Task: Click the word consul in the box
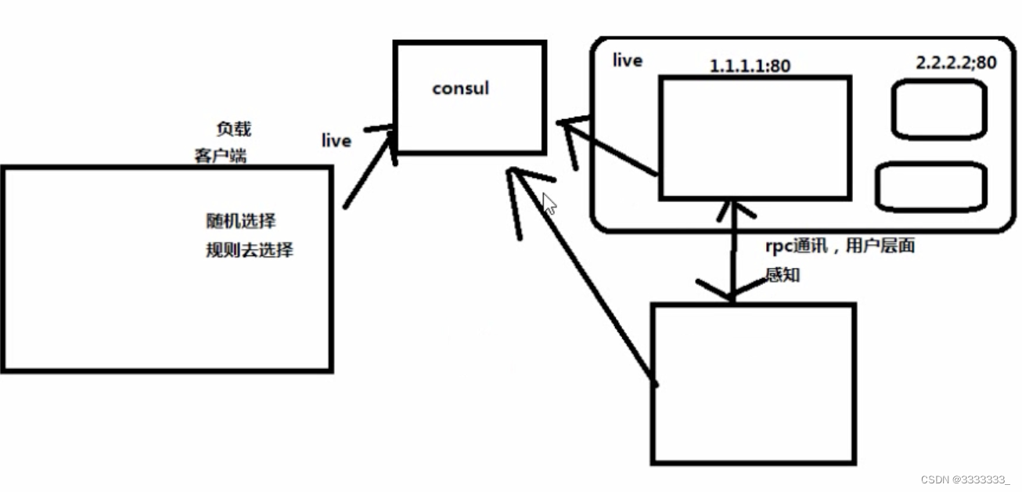460,89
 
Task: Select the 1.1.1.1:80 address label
749,66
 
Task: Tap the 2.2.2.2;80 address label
956,63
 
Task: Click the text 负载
233,129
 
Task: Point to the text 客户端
220,155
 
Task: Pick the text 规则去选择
249,251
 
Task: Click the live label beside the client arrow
336,141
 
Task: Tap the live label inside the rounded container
628,60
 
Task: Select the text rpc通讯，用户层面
840,246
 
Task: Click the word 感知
783,276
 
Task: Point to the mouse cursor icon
549,204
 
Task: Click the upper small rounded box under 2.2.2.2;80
938,109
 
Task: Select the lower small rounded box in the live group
930,186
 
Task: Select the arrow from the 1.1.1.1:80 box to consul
611,148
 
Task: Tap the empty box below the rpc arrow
753,383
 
